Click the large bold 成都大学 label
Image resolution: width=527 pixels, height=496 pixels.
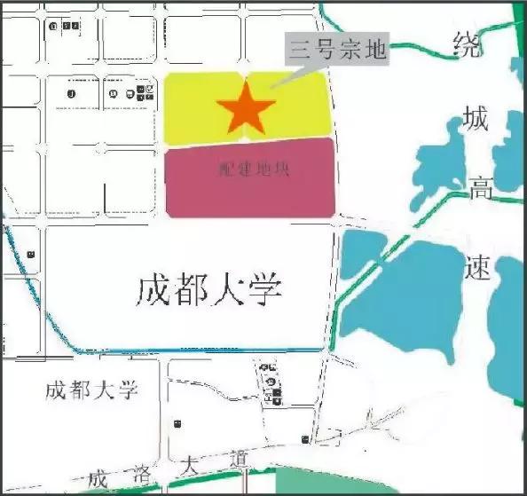click(209, 289)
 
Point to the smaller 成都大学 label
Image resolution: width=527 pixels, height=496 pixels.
click(92, 390)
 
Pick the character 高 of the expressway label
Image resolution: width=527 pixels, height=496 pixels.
click(479, 188)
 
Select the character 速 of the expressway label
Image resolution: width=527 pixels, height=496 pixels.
click(479, 267)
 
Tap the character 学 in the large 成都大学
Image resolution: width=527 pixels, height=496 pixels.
click(265, 289)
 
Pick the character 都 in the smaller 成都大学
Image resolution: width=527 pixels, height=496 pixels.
click(77, 390)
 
